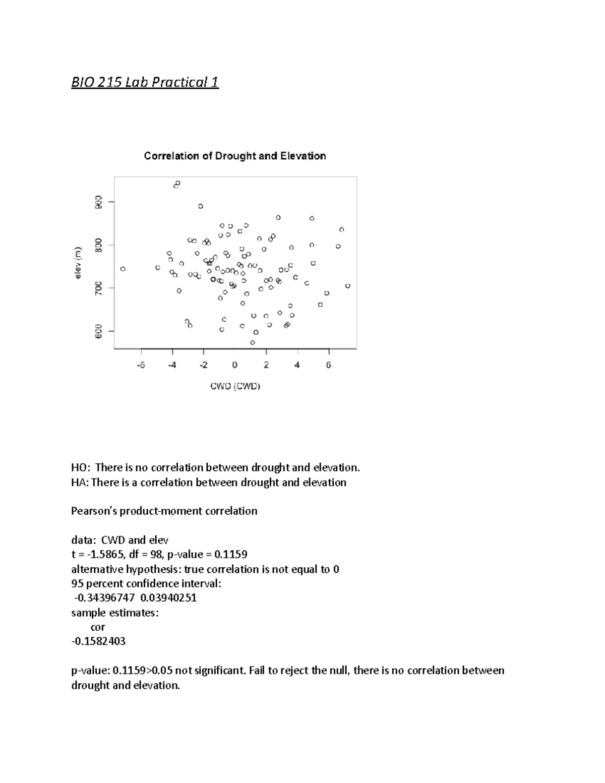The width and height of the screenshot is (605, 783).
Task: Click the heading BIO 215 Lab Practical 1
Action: pos(145,82)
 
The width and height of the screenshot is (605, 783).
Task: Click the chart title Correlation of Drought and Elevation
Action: pos(235,156)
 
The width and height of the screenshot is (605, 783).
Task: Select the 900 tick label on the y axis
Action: pos(99,202)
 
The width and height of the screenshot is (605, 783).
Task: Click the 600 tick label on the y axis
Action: pos(99,331)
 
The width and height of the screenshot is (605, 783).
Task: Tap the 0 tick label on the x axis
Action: pos(235,366)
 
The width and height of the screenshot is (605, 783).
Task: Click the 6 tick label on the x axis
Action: pos(329,366)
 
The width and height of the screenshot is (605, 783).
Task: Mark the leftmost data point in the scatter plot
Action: pos(123,269)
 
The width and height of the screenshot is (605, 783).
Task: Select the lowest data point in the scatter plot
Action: pos(253,343)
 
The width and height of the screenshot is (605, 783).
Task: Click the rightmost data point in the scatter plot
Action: pos(348,286)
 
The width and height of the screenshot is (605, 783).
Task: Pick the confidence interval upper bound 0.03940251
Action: pos(168,598)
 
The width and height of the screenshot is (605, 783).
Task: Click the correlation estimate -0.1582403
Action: pos(98,641)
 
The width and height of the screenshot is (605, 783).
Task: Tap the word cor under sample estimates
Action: pos(98,627)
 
